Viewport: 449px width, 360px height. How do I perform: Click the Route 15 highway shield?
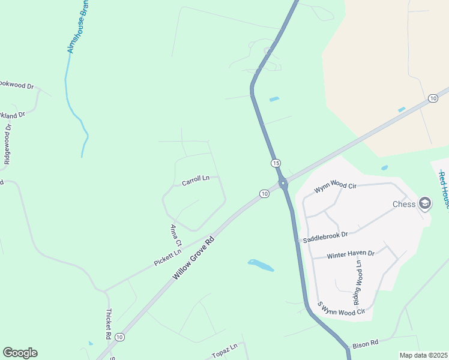click(276, 163)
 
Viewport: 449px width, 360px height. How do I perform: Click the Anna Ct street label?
click(175, 236)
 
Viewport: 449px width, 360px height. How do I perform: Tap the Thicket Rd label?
click(109, 322)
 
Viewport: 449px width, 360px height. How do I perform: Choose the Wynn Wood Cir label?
click(336, 188)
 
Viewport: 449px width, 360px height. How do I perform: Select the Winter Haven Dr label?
click(351, 254)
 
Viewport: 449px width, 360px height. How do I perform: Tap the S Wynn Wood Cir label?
click(342, 308)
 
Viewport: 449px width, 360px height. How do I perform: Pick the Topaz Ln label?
click(225, 351)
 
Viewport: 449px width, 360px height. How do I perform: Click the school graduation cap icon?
click(425, 203)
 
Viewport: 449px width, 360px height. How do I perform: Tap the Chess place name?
click(404, 204)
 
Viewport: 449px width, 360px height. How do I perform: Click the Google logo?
click(20, 353)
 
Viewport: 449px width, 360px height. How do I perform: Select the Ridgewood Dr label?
click(8, 144)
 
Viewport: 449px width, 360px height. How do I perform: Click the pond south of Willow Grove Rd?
click(261, 265)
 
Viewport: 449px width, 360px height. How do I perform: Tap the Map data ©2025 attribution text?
click(424, 355)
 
